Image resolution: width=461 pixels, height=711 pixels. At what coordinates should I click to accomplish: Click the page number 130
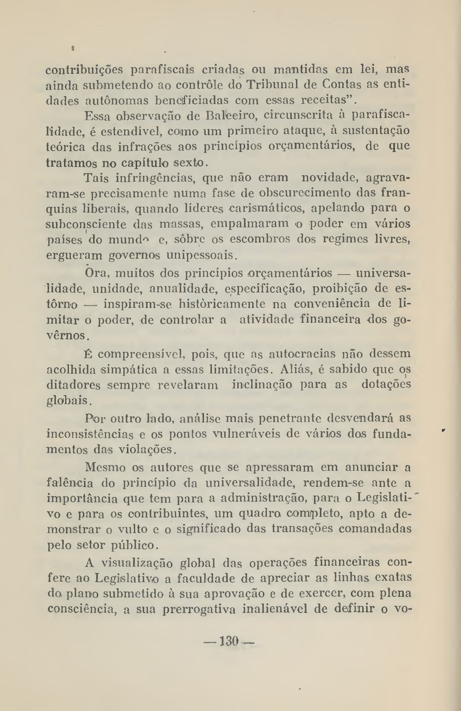pyautogui.click(x=229, y=641)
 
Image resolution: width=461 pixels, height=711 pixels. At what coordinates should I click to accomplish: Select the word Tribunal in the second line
pyautogui.click(x=272, y=85)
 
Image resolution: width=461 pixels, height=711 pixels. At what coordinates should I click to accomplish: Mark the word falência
pyautogui.click(x=70, y=483)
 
